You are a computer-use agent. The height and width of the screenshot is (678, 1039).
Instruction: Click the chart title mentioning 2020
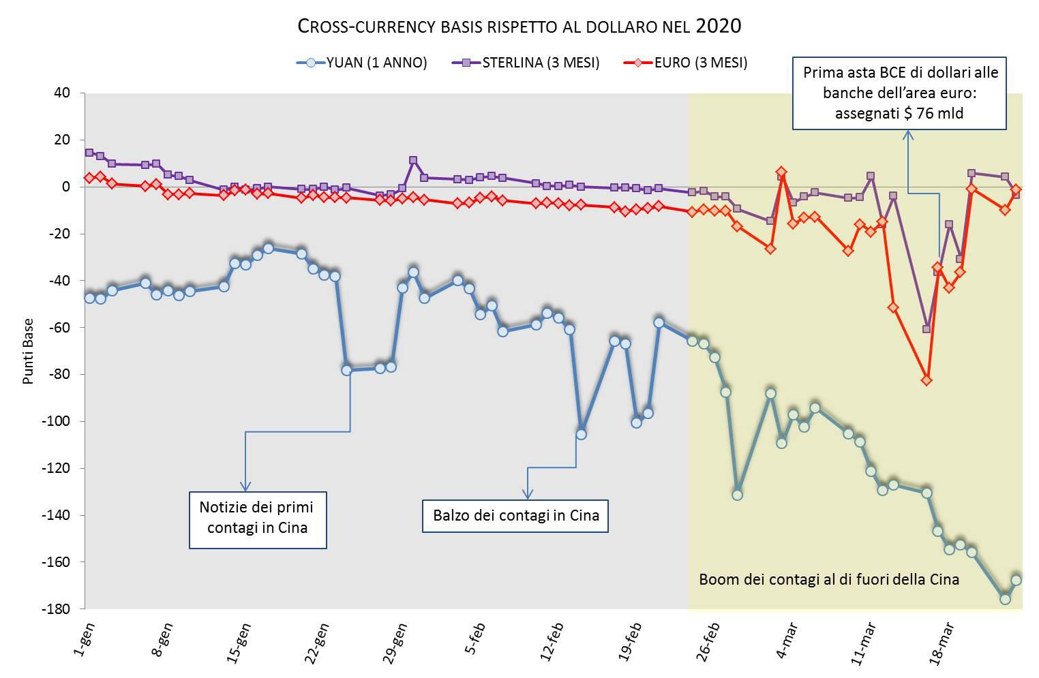pos(519,27)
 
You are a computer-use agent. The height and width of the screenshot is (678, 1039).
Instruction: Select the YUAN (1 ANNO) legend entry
pos(376,63)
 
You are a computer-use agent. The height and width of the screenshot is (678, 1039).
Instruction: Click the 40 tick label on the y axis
pos(62,93)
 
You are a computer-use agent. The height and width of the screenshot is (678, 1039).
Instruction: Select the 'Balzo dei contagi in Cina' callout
pos(515,516)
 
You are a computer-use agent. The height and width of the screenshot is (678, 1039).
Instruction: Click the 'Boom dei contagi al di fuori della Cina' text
pos(829,580)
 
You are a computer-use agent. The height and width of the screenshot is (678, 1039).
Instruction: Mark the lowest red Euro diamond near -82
pos(927,380)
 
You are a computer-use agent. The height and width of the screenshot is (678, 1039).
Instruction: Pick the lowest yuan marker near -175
pos(1005,598)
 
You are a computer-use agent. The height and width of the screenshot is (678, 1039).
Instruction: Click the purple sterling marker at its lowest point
pos(927,329)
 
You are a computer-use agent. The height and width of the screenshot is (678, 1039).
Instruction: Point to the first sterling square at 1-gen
pos(89,153)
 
